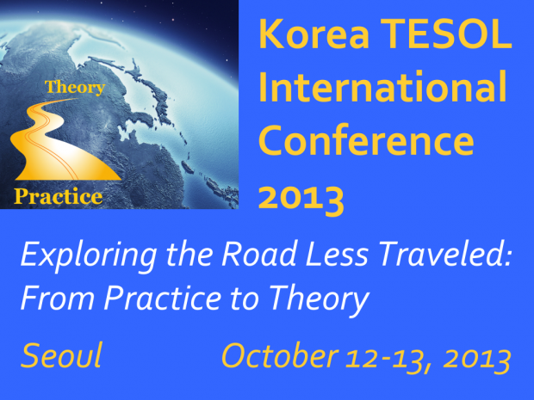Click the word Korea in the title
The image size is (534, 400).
(x=314, y=34)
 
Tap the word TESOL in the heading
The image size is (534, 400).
(x=446, y=34)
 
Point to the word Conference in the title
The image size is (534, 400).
(x=366, y=139)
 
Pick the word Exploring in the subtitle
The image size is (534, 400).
(x=89, y=256)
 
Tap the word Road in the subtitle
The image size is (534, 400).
(x=259, y=254)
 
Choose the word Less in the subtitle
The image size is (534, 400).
(x=337, y=254)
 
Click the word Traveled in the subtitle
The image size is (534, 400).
(x=444, y=254)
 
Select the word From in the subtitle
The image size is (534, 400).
(x=58, y=298)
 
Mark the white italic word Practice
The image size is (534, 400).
(x=163, y=298)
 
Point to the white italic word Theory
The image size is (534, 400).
(x=319, y=300)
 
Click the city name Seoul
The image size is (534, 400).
(x=61, y=355)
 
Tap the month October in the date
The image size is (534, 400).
(x=280, y=355)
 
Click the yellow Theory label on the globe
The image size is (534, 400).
(x=75, y=87)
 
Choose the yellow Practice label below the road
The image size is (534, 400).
(x=59, y=196)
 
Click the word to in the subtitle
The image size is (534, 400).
(x=243, y=298)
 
